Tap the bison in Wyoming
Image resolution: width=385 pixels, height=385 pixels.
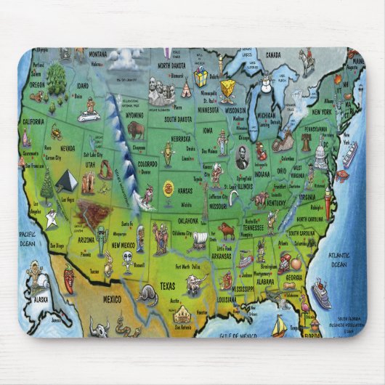click(x=135, y=131)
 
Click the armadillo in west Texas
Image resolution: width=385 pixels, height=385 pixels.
click(x=146, y=293)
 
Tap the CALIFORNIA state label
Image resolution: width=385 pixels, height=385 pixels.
click(x=33, y=121)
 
